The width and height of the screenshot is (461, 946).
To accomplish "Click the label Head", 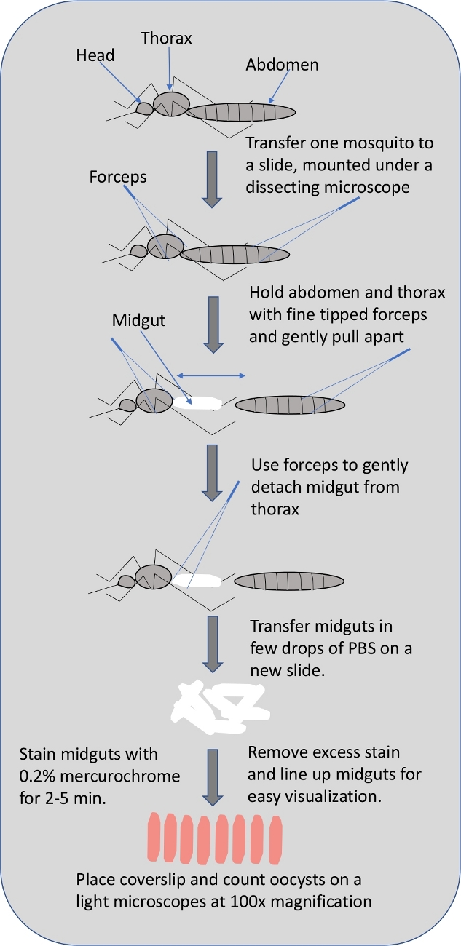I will [95, 56].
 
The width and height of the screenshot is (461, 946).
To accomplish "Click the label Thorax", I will [166, 38].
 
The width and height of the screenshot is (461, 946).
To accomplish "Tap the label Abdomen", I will [282, 65].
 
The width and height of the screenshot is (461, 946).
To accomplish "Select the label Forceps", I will [118, 177].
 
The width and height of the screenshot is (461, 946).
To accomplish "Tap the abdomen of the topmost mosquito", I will [240, 112].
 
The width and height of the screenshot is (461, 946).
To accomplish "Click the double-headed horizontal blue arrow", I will [212, 375].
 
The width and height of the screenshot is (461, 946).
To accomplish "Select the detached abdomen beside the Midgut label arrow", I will [290, 403].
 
